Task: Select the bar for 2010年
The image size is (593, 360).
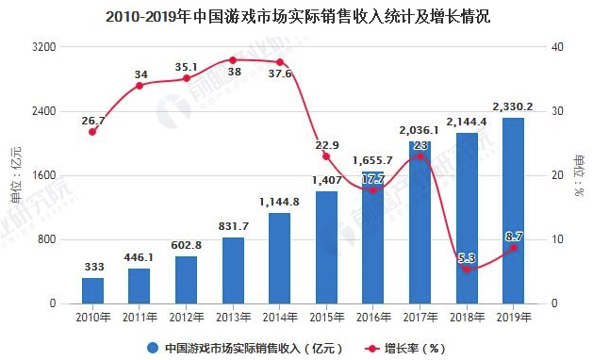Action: (92, 290)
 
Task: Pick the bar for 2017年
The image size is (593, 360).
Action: (420, 222)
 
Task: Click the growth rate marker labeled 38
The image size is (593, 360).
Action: (233, 60)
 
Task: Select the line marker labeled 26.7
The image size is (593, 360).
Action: (92, 132)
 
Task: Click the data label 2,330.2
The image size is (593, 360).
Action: (513, 106)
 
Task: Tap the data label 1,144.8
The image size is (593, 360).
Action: (279, 201)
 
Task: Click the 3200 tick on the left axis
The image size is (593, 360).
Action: (43, 47)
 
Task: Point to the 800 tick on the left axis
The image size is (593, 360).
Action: (46, 239)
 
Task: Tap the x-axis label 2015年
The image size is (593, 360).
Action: (326, 318)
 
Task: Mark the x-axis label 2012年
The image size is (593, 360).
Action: (186, 318)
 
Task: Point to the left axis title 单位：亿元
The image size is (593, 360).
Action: (14, 176)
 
